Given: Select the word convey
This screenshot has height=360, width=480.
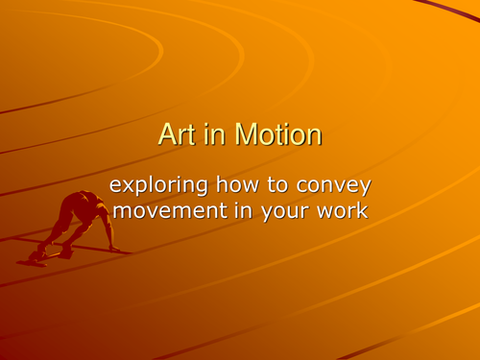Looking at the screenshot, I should pos(337,186).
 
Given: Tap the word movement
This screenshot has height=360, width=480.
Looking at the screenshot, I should pos(167,211).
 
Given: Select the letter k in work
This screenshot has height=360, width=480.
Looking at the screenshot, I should pos(360,210).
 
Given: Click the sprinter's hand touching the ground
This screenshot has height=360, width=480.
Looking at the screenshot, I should pos(114,250).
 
